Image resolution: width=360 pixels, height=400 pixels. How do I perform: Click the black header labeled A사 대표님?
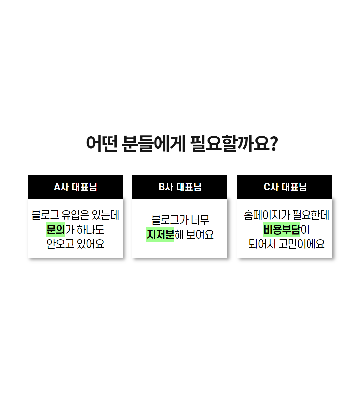coord(75,187)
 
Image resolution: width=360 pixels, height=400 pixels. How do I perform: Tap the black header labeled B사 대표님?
coord(180,187)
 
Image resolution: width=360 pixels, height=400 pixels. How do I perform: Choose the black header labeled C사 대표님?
coord(285,187)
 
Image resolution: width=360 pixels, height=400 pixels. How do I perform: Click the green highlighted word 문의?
coord(55,230)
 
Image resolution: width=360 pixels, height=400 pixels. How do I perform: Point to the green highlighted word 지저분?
coord(160,235)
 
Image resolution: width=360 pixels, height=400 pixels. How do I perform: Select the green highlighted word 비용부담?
coord(282,230)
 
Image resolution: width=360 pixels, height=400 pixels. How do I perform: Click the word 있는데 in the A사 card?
coord(105,215)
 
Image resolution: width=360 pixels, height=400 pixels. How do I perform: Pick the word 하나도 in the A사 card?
coord(90,230)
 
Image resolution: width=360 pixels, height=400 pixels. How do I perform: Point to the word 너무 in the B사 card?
coord(200,220)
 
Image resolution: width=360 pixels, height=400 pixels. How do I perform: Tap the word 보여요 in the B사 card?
coord(200,235)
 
